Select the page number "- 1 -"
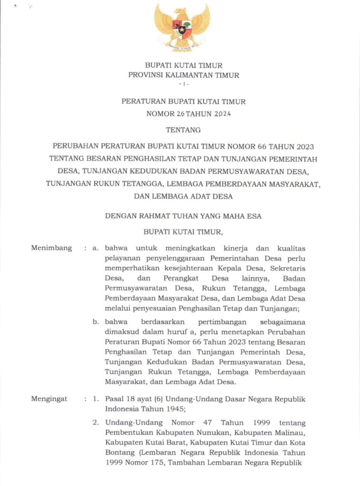point(184,84)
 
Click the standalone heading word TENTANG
point(184,129)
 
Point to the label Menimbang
point(52,248)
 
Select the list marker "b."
point(96,321)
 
